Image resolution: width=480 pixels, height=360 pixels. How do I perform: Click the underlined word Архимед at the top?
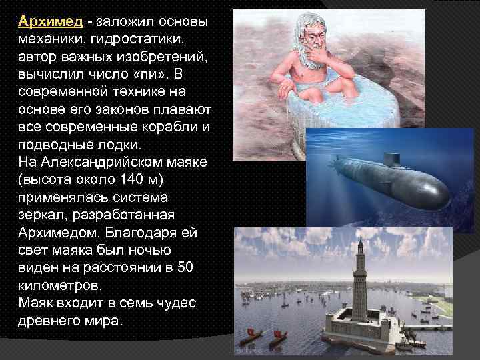tap(51, 21)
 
